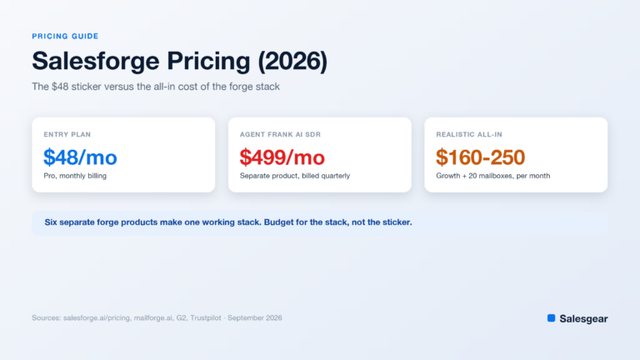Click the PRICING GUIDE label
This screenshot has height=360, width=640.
tap(65, 37)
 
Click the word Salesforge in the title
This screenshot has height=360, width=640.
tap(96, 61)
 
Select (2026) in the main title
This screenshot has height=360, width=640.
tap(292, 61)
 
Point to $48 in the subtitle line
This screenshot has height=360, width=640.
tap(60, 87)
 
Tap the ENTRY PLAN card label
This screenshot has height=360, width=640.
tap(67, 134)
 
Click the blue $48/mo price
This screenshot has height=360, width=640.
tap(80, 157)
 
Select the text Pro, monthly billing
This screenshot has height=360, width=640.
tap(75, 176)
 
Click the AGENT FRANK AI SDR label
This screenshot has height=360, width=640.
tap(280, 134)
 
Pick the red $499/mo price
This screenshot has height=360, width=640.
tap(282, 157)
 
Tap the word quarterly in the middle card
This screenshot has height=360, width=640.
tap(336, 176)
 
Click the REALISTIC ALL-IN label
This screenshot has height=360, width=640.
tap(469, 134)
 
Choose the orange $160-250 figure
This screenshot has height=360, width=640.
tap(480, 157)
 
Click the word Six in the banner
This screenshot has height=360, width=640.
tap(51, 222)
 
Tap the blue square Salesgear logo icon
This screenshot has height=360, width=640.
tap(552, 318)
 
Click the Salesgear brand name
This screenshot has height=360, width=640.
tap(583, 319)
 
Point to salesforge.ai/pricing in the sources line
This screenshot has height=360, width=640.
tap(97, 318)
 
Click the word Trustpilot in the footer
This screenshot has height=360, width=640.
tap(206, 318)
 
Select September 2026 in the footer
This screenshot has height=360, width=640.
tap(255, 318)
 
